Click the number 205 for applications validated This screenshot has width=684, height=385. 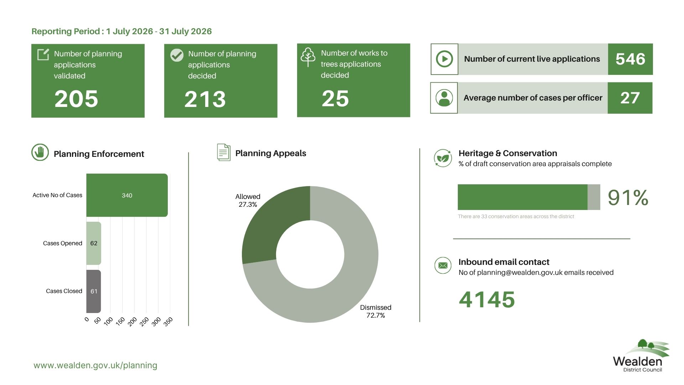point(76,99)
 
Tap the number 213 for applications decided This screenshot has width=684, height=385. point(205,99)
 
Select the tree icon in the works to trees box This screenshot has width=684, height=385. point(308,57)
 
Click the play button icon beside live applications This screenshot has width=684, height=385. point(444,59)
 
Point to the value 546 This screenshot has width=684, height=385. point(630,59)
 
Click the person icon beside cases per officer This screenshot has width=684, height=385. point(444,98)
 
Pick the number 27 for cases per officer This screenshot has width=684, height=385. point(630,98)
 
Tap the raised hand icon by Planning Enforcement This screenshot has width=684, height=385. point(40,153)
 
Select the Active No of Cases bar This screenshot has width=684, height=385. point(127,195)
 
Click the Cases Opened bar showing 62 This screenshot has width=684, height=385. point(94,243)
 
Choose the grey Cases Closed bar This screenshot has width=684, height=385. point(94,291)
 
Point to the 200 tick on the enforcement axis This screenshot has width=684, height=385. point(132,322)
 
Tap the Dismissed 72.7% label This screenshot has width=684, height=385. point(375,311)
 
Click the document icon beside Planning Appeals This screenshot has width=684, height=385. point(224,152)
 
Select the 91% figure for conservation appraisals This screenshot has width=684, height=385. point(628,197)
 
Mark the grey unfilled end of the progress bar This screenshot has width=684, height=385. point(594,197)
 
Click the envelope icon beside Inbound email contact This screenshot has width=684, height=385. point(443,266)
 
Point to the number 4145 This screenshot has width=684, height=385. point(487,299)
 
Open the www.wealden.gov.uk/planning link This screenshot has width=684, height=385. point(95,365)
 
